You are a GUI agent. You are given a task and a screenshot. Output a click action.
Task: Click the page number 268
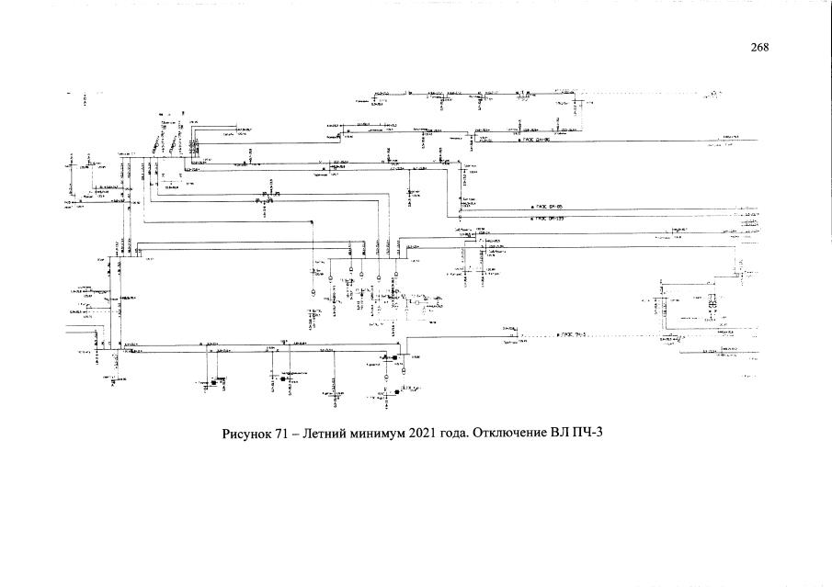point(759,48)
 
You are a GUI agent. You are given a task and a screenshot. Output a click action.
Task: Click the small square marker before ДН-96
point(519,141)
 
